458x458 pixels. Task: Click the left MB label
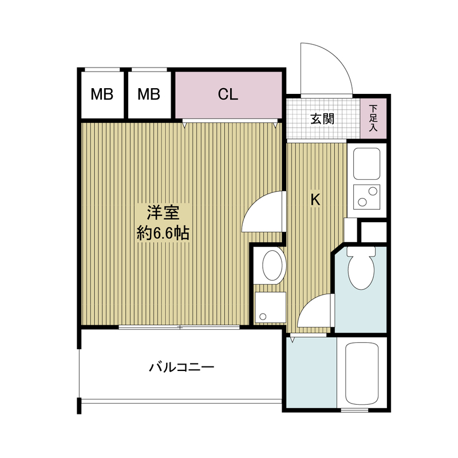coord(102,94)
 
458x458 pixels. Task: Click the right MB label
coord(148,94)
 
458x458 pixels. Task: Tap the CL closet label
coord(228,94)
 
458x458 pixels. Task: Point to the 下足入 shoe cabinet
coord(374,118)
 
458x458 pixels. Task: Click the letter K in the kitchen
coord(315,200)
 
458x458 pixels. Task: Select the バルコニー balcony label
coord(181,366)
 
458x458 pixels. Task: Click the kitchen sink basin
coord(366,163)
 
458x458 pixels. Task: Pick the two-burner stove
coord(366,196)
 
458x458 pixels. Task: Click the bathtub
coord(363,373)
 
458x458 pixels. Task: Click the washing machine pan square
coord(270,308)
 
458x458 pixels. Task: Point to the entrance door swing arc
coord(326,66)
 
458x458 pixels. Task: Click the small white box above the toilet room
coord(373,231)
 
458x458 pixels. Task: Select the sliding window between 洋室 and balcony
coord(180,327)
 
